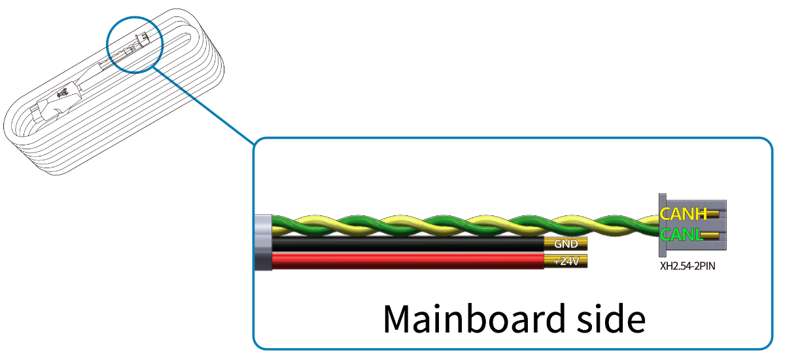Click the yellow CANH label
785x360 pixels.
click(x=684, y=214)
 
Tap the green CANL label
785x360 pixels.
click(x=681, y=234)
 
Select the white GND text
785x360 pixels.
click(x=566, y=243)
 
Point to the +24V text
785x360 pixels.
click(x=567, y=261)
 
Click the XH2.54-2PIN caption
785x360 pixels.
click(x=688, y=266)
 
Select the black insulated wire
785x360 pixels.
click(x=408, y=244)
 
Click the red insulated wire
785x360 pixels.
click(x=408, y=262)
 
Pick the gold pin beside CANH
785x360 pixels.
click(x=713, y=214)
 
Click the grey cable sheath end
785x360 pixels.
click(x=263, y=242)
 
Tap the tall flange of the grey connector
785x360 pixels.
click(x=662, y=225)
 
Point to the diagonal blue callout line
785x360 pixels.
click(x=203, y=105)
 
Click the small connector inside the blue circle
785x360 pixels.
click(x=143, y=39)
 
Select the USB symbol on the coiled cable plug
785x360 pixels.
click(x=63, y=94)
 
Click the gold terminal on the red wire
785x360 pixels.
click(x=566, y=261)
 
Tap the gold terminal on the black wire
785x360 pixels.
click(x=566, y=243)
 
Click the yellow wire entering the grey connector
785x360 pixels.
click(x=651, y=219)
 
